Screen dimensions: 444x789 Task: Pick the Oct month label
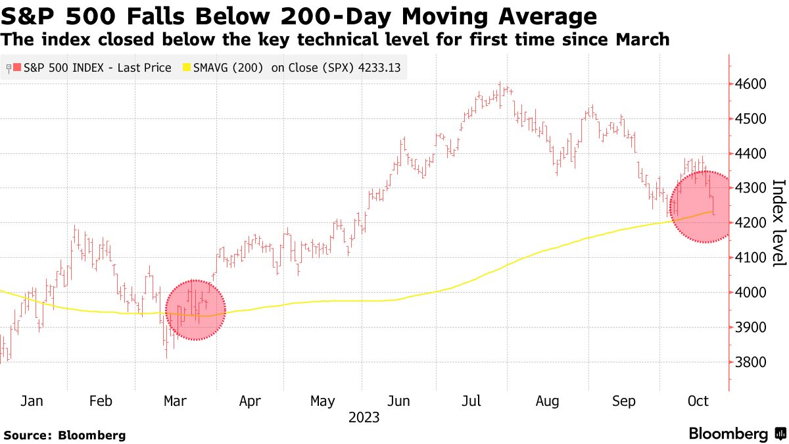pos(698,401)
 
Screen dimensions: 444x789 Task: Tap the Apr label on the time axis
pos(251,401)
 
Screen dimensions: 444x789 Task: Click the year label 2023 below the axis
pos(364,417)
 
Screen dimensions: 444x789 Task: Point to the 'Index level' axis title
pos(778,223)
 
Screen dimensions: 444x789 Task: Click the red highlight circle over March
pos(195,310)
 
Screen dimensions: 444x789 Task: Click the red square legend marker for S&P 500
pos(17,67)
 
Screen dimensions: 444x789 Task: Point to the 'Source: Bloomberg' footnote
pos(64,435)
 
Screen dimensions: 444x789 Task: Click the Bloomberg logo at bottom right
pos(736,434)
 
